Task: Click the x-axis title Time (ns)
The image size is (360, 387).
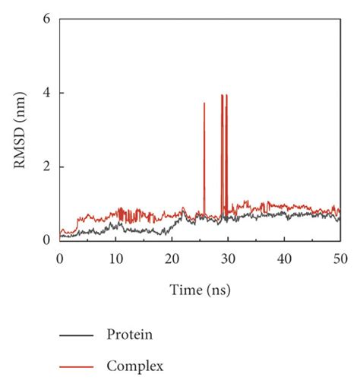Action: [200, 290]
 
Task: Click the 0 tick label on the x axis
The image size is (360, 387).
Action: [60, 259]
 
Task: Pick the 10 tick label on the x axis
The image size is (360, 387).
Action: [115, 259]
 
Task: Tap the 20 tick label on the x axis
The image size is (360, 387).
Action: [172, 259]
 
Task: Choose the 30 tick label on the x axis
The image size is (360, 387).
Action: [228, 259]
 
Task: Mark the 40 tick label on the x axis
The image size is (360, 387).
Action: [284, 259]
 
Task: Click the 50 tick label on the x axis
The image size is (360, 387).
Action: [339, 259]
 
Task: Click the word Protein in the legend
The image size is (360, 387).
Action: [131, 334]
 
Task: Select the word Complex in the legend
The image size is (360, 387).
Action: [135, 366]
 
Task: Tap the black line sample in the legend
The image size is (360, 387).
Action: [77, 335]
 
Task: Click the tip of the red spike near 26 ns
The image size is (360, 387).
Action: [204, 103]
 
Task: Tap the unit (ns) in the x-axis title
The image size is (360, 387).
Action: [217, 290]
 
